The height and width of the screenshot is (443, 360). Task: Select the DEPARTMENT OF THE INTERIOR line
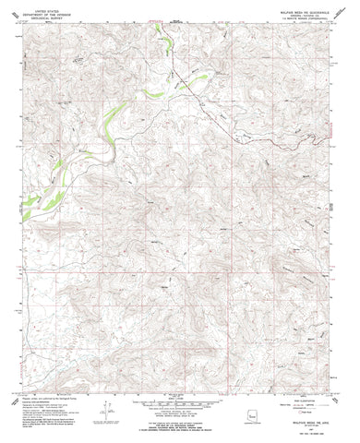pyautogui.click(x=46, y=9)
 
